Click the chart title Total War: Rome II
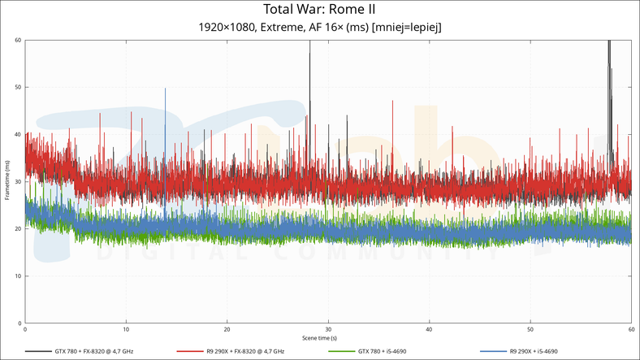(319, 10)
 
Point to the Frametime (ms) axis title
(6, 182)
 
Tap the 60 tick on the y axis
(18, 40)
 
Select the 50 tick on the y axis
(18, 87)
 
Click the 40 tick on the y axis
(18, 134)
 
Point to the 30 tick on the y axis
(18, 182)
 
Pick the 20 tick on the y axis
(18, 229)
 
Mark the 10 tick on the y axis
(18, 276)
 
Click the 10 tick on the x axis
(126, 330)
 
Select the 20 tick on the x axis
(227, 330)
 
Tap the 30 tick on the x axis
(328, 330)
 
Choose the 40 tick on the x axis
(429, 330)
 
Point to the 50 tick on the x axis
(530, 330)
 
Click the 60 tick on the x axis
(630, 330)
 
